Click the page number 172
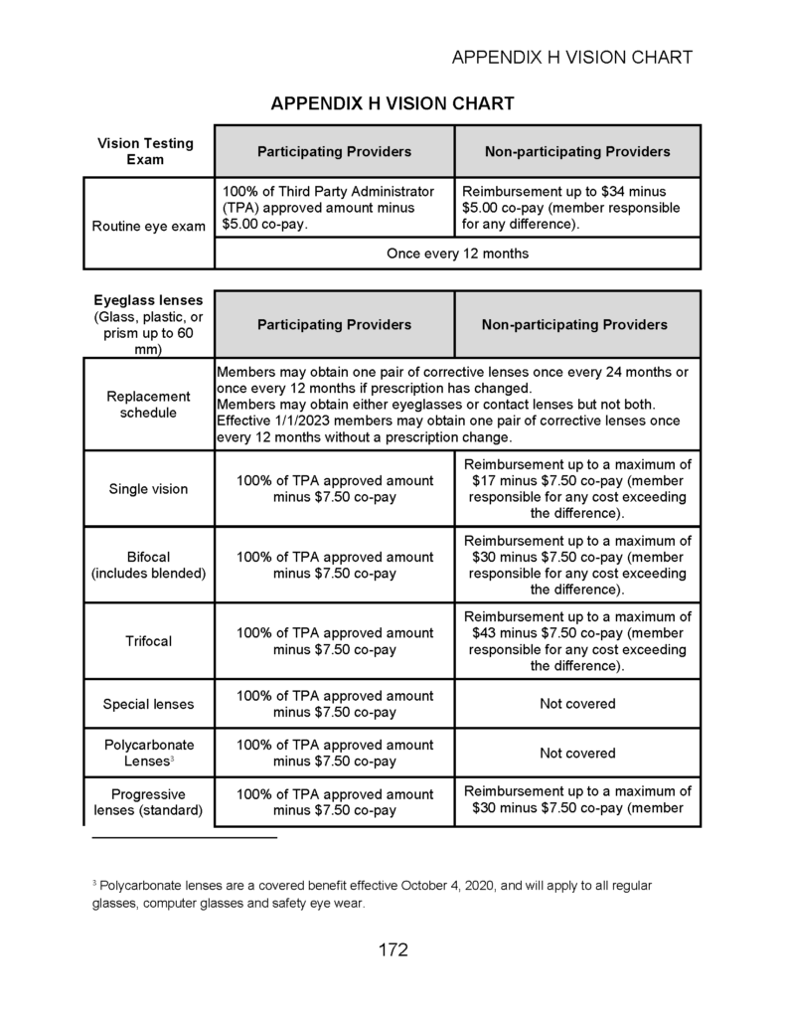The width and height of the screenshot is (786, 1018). (x=393, y=949)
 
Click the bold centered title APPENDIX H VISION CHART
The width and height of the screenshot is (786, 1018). (x=393, y=103)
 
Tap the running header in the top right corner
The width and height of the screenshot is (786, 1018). (x=571, y=57)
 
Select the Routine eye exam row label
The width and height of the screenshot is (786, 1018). (x=148, y=226)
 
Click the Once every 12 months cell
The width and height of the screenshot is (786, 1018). (x=457, y=254)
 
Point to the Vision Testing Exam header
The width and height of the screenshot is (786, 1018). (x=145, y=151)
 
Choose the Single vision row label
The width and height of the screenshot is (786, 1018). (x=148, y=489)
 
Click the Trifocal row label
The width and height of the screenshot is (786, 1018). (x=148, y=641)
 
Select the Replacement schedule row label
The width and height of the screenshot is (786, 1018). (x=148, y=404)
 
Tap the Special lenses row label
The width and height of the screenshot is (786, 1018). (x=148, y=704)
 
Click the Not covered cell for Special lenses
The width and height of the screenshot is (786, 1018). (x=577, y=704)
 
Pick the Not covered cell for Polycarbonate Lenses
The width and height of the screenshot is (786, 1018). (x=577, y=753)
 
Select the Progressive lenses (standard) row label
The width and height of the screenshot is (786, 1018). (x=148, y=801)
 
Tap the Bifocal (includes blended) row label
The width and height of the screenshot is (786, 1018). (x=148, y=565)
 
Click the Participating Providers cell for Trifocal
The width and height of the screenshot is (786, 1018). (x=335, y=641)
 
